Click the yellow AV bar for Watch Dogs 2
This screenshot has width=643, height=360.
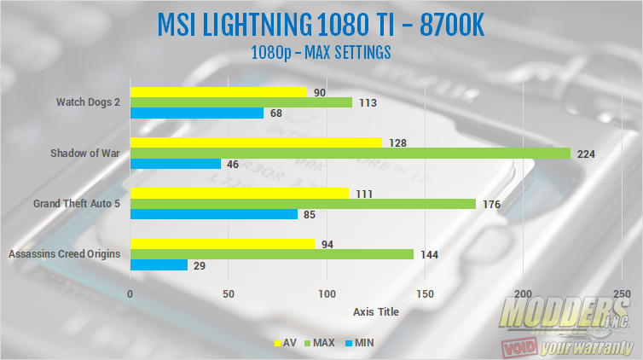(x=218, y=92)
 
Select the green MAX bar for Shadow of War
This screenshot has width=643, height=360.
(x=350, y=153)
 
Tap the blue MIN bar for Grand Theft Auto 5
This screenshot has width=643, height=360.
(x=214, y=214)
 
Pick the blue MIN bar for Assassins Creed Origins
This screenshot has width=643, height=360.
(x=159, y=265)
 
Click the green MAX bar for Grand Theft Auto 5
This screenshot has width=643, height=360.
(x=303, y=203)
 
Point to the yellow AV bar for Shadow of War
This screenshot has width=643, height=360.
(x=256, y=142)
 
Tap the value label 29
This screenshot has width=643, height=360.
(x=200, y=266)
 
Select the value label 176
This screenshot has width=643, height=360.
(x=490, y=204)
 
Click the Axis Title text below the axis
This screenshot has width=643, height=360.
(x=375, y=311)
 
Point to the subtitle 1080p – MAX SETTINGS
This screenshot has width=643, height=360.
(x=321, y=52)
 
